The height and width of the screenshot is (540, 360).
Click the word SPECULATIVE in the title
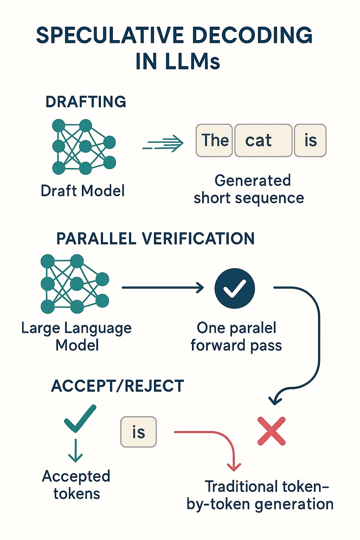click(111, 35)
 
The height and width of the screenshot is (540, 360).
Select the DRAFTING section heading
click(86, 102)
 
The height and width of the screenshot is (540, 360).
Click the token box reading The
click(214, 140)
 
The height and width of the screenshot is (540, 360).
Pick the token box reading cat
click(264, 140)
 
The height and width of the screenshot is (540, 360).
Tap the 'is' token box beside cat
click(310, 140)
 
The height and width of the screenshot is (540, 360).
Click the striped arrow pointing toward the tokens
click(163, 143)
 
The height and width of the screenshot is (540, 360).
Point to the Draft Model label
click(83, 191)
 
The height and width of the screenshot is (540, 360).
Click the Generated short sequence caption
click(249, 189)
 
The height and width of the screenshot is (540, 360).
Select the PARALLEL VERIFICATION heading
click(155, 239)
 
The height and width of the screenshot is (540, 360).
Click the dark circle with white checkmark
click(234, 288)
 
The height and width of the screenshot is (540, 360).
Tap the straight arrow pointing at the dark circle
click(163, 288)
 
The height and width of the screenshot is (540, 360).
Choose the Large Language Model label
click(77, 336)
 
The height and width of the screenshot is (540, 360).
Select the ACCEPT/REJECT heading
click(118, 386)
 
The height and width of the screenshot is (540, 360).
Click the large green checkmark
click(80, 418)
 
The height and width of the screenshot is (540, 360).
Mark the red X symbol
click(271, 431)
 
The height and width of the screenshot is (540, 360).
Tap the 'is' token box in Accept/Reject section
click(139, 432)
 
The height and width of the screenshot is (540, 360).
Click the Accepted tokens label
click(76, 485)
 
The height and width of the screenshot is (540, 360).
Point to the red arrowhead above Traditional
click(234, 467)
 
